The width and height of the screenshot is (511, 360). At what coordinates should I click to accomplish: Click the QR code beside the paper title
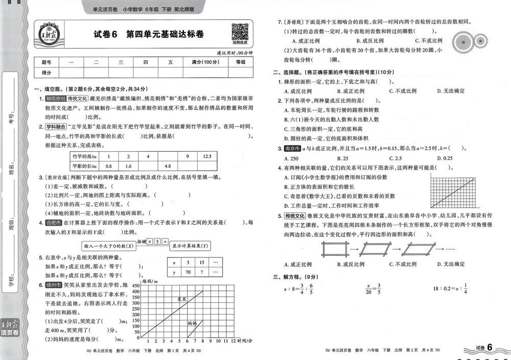coord(240,33)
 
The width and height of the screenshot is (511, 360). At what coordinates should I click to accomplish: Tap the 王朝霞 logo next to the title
coord(51,34)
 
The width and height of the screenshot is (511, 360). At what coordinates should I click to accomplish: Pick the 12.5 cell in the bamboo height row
coord(207,156)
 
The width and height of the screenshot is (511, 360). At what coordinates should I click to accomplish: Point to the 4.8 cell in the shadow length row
coord(167,166)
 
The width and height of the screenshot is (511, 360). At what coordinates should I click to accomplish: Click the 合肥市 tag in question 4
coord(53,223)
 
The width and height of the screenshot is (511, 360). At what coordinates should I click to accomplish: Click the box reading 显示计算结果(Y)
coord(190,245)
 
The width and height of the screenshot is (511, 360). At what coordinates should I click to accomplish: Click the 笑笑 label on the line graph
coord(182,300)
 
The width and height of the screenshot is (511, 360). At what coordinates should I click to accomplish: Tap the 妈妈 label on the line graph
coord(192,323)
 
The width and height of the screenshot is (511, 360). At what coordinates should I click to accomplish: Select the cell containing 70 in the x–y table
coord(188,272)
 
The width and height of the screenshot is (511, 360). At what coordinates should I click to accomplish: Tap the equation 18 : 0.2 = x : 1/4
coord(450,289)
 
